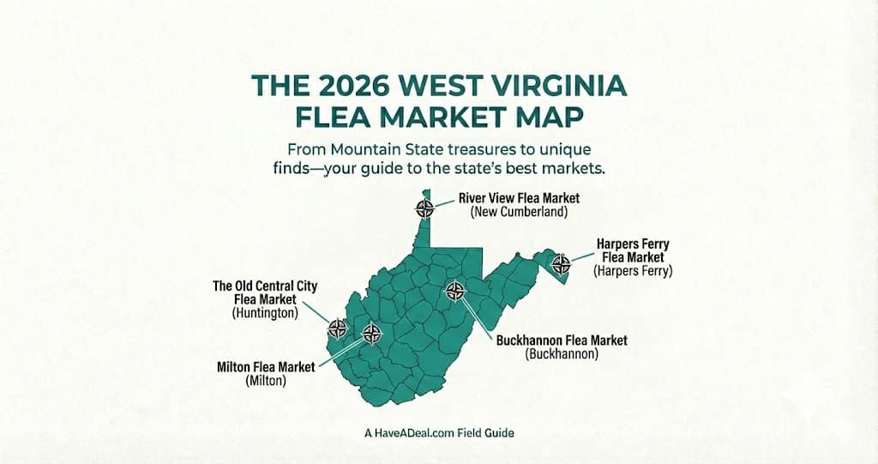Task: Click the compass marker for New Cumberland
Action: coord(424,207)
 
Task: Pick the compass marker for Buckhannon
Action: coord(455,290)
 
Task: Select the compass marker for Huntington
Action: coord(338,327)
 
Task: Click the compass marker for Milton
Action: coord(370,333)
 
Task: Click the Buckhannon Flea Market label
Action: coord(562,340)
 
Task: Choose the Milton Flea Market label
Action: coord(266,367)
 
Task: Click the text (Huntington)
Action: coord(265,313)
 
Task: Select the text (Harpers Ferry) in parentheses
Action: coord(633,271)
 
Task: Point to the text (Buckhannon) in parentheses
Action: coord(561,353)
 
